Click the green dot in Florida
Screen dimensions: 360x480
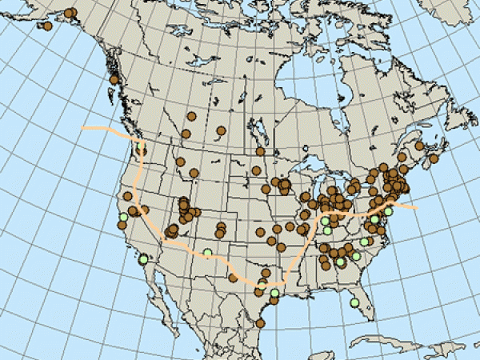point(354,302)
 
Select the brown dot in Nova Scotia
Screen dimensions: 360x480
point(434,158)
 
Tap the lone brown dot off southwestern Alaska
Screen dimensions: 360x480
point(47,26)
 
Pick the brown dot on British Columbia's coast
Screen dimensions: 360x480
point(114,79)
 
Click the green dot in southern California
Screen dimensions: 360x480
point(142,259)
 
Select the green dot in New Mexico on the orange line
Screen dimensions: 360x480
point(207,254)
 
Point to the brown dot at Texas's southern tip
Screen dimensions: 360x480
point(260,323)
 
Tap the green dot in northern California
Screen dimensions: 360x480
point(122,216)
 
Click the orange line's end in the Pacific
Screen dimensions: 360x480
point(85,127)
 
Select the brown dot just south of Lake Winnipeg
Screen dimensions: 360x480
point(259,151)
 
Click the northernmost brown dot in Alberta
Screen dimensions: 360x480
point(190,116)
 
